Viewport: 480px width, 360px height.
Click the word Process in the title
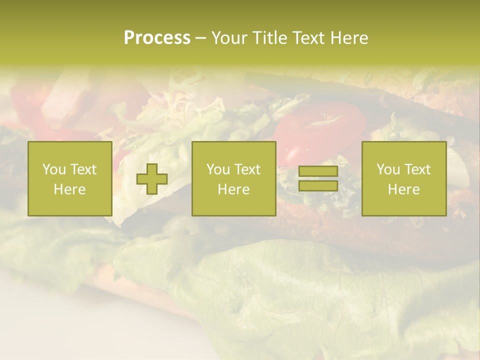pos(157,38)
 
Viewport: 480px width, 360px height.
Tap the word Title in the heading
pos(270,38)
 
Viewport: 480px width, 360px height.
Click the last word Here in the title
pos(348,38)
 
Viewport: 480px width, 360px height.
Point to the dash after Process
pos(200,38)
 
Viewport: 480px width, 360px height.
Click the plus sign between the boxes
pos(152,179)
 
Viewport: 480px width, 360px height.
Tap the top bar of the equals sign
pos(318,171)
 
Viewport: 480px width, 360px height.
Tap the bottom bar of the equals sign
pos(318,186)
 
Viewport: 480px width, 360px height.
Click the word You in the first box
pos(54,169)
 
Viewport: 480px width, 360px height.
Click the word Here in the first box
pos(70,189)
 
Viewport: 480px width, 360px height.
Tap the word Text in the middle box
pos(247,169)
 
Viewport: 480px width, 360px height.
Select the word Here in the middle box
pos(234,189)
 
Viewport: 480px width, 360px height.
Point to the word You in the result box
pos(388,169)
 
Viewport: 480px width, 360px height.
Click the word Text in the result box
pos(417,169)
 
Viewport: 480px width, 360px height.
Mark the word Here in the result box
pos(404,189)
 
